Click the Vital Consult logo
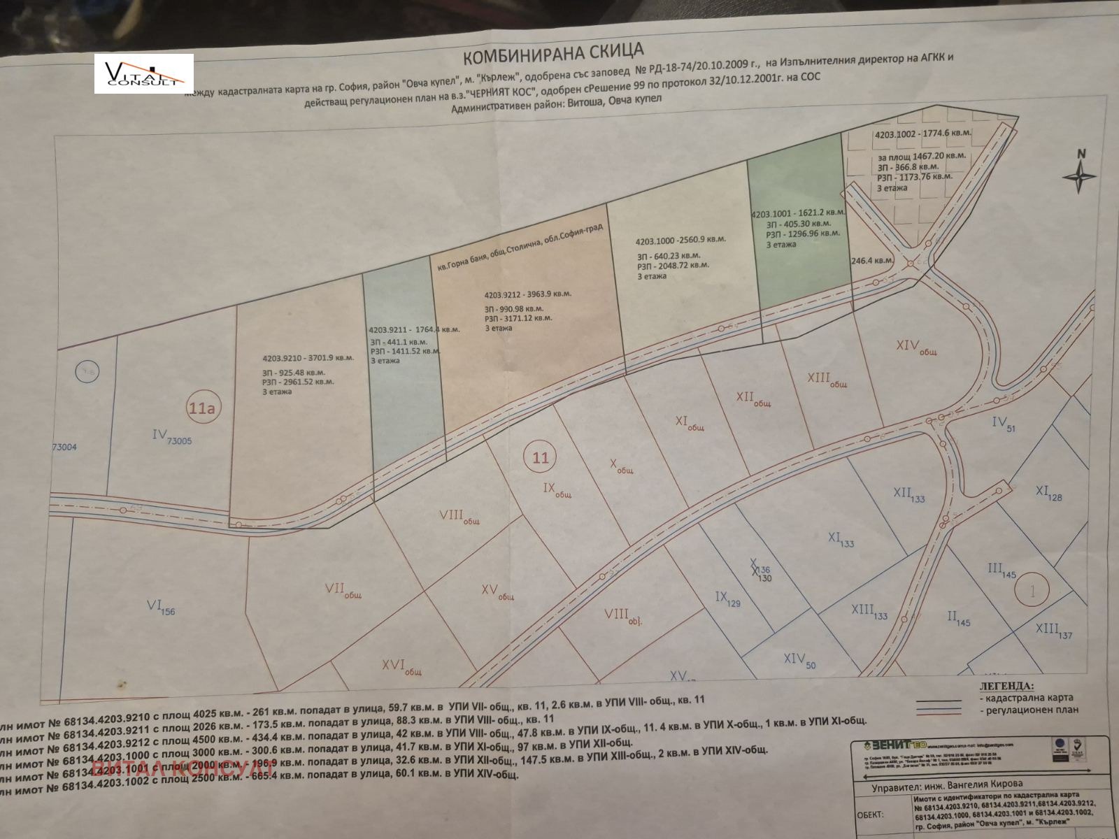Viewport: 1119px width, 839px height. [144, 73]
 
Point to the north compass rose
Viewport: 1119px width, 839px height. [1079, 173]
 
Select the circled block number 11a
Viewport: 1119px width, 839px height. [201, 408]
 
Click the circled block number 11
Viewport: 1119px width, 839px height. [540, 459]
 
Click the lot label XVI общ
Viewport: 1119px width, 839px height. [401, 666]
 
